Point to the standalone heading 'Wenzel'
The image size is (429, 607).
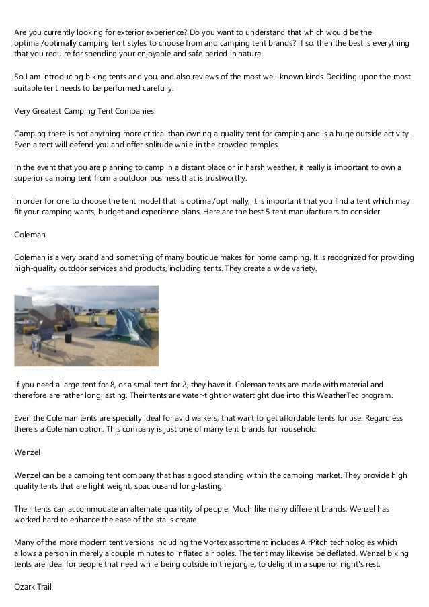28,452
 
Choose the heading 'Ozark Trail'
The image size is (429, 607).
33,587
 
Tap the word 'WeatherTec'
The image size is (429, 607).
344,395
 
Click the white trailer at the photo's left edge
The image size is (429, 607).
23,306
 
